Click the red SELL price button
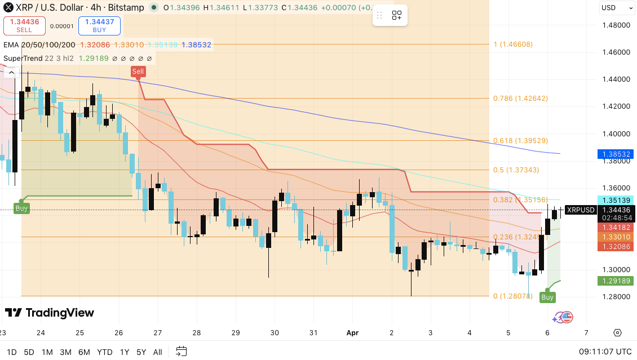(x=24, y=25)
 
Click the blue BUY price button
(x=99, y=25)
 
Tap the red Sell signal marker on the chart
(x=138, y=71)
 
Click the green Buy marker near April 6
(x=547, y=297)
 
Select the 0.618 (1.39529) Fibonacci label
(x=520, y=141)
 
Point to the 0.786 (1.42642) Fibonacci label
(x=520, y=98)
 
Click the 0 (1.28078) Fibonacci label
(x=513, y=296)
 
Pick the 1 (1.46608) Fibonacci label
(x=513, y=45)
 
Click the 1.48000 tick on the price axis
(x=616, y=25)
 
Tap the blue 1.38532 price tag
(x=616, y=154)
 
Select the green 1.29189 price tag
(x=616, y=281)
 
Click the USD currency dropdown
(x=616, y=8)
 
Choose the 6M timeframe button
(x=84, y=352)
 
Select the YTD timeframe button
(x=104, y=352)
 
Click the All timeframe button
(x=158, y=352)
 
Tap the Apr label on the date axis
(x=353, y=332)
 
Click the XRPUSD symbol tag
(x=581, y=210)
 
